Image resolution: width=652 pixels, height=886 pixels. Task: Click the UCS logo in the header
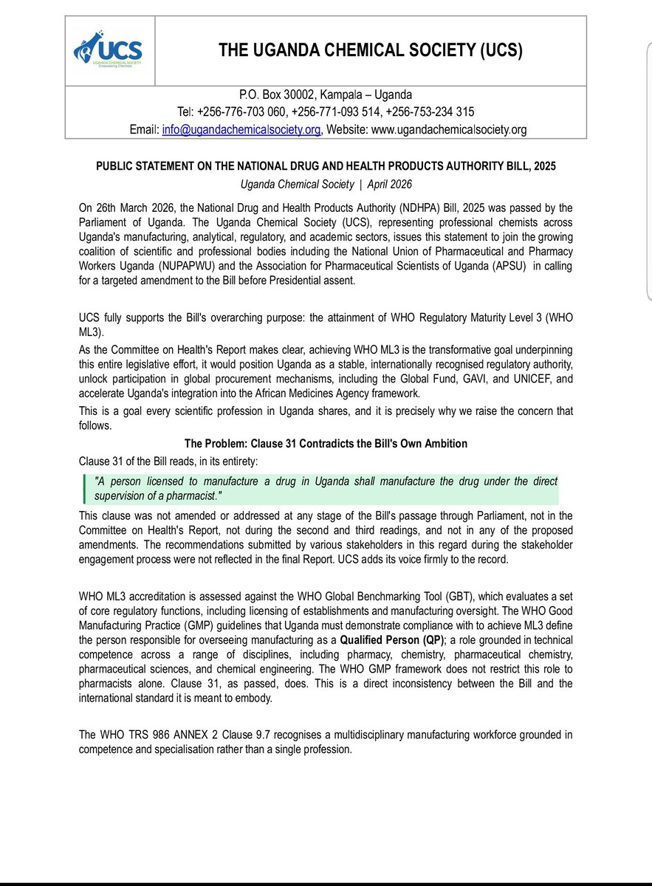[x=108, y=50]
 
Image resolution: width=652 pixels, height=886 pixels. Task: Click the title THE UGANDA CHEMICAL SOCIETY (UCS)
[x=370, y=50]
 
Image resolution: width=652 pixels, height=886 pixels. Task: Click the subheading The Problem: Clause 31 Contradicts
[x=326, y=443]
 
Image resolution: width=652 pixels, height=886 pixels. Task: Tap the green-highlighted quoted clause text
[x=326, y=487]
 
